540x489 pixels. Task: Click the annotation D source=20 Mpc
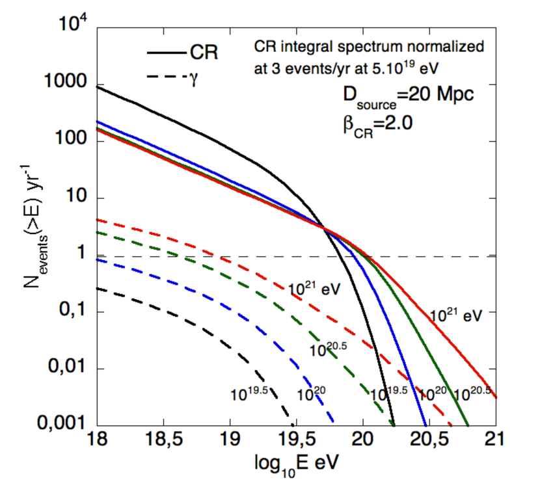pyautogui.click(x=398, y=95)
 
